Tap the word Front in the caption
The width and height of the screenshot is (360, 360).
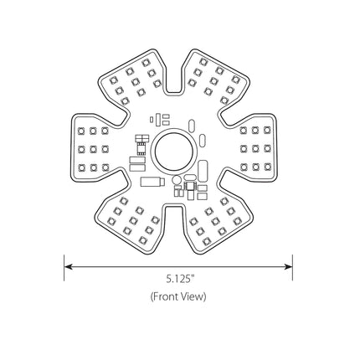tap(166, 296)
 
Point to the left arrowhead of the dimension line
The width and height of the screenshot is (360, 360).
tap(69, 266)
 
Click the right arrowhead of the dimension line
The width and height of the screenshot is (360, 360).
tap(288, 266)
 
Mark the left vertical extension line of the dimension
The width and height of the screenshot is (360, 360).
tap(64, 267)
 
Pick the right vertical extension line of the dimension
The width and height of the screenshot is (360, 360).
tap(292, 267)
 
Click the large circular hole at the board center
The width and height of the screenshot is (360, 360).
tap(173, 151)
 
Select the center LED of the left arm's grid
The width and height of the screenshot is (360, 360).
tap(93, 150)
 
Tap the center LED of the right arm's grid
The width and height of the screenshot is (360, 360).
tap(255, 149)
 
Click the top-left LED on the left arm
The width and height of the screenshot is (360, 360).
tap(81, 131)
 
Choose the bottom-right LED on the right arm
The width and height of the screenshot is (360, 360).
tap(267, 167)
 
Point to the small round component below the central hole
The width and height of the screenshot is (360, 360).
tap(177, 179)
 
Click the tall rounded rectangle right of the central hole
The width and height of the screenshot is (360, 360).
tap(203, 171)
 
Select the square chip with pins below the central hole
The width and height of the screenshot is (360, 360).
tap(190, 186)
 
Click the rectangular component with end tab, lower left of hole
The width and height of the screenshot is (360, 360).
tap(152, 182)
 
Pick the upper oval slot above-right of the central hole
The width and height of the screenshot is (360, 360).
tap(192, 126)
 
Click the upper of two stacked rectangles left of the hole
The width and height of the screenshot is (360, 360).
tap(137, 160)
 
